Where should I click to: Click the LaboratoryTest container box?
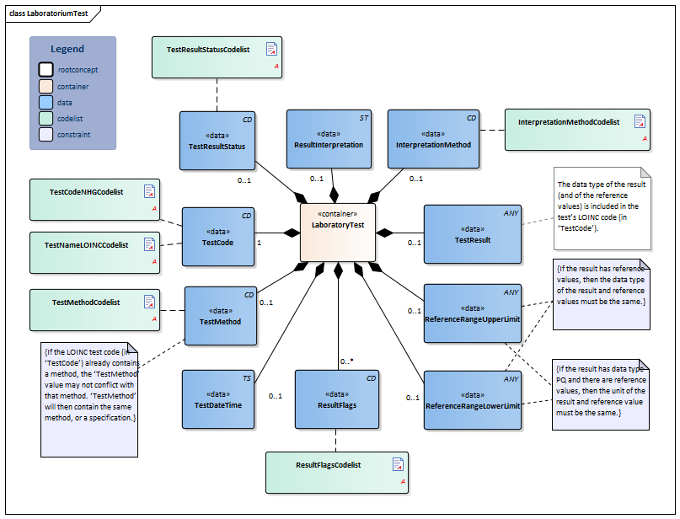coord(338,232)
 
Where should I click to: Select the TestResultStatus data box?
coord(217,140)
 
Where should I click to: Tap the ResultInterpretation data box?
coord(329,139)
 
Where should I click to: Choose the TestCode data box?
coord(218,237)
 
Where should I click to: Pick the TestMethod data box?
coord(220,316)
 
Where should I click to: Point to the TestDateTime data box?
coord(218,399)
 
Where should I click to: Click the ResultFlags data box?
coord(335,399)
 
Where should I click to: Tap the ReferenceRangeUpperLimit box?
coord(472,313)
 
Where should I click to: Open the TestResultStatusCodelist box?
coord(217,57)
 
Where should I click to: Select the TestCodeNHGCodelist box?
coord(94,199)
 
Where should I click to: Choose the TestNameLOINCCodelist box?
coord(94,251)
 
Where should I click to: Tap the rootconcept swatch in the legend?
coord(46,69)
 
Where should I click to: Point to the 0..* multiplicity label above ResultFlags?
coord(346,361)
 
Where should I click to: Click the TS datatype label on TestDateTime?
coord(248,378)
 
